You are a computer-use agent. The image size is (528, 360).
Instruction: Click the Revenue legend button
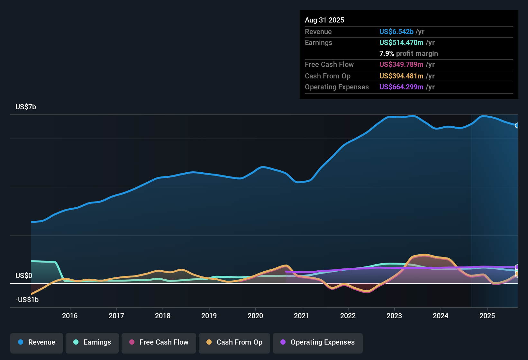[x=37, y=342]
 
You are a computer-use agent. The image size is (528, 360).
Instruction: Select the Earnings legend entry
[x=92, y=342]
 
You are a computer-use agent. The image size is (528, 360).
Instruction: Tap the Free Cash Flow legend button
[x=159, y=342]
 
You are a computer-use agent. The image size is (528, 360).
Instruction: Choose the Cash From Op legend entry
[x=234, y=342]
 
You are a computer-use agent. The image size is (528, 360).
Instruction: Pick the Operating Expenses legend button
[x=318, y=342]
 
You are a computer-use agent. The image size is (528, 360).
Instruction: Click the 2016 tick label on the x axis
[x=70, y=316]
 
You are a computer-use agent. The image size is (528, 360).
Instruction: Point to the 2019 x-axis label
[x=209, y=316]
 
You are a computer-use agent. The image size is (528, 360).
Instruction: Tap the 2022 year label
[x=348, y=316]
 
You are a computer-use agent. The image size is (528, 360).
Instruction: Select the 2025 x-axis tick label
[x=487, y=316]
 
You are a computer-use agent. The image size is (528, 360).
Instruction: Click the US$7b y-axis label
[x=26, y=107]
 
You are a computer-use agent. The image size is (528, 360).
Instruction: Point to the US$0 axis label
[x=24, y=275]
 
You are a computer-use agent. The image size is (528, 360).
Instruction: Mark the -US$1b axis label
[x=27, y=300]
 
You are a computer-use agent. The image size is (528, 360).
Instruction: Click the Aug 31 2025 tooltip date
[x=324, y=20]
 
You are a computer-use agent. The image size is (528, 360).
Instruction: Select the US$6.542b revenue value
[x=396, y=32]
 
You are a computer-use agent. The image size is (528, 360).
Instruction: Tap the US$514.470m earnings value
[x=401, y=42]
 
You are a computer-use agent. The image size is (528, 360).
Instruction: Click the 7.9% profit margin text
[x=408, y=53]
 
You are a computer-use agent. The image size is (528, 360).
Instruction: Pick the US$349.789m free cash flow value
[x=401, y=64]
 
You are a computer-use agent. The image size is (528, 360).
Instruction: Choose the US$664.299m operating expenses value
[x=401, y=87]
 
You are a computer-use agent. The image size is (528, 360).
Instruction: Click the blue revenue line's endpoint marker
[x=517, y=125]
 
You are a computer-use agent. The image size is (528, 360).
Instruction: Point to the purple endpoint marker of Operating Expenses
[x=517, y=267]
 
